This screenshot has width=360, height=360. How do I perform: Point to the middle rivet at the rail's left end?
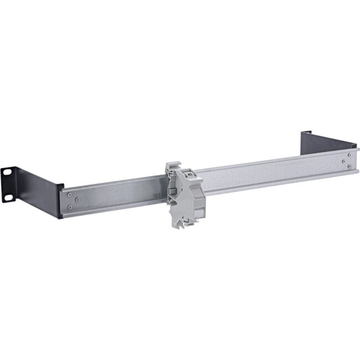(78, 199)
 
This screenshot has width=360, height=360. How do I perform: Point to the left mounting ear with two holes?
(8, 183)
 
